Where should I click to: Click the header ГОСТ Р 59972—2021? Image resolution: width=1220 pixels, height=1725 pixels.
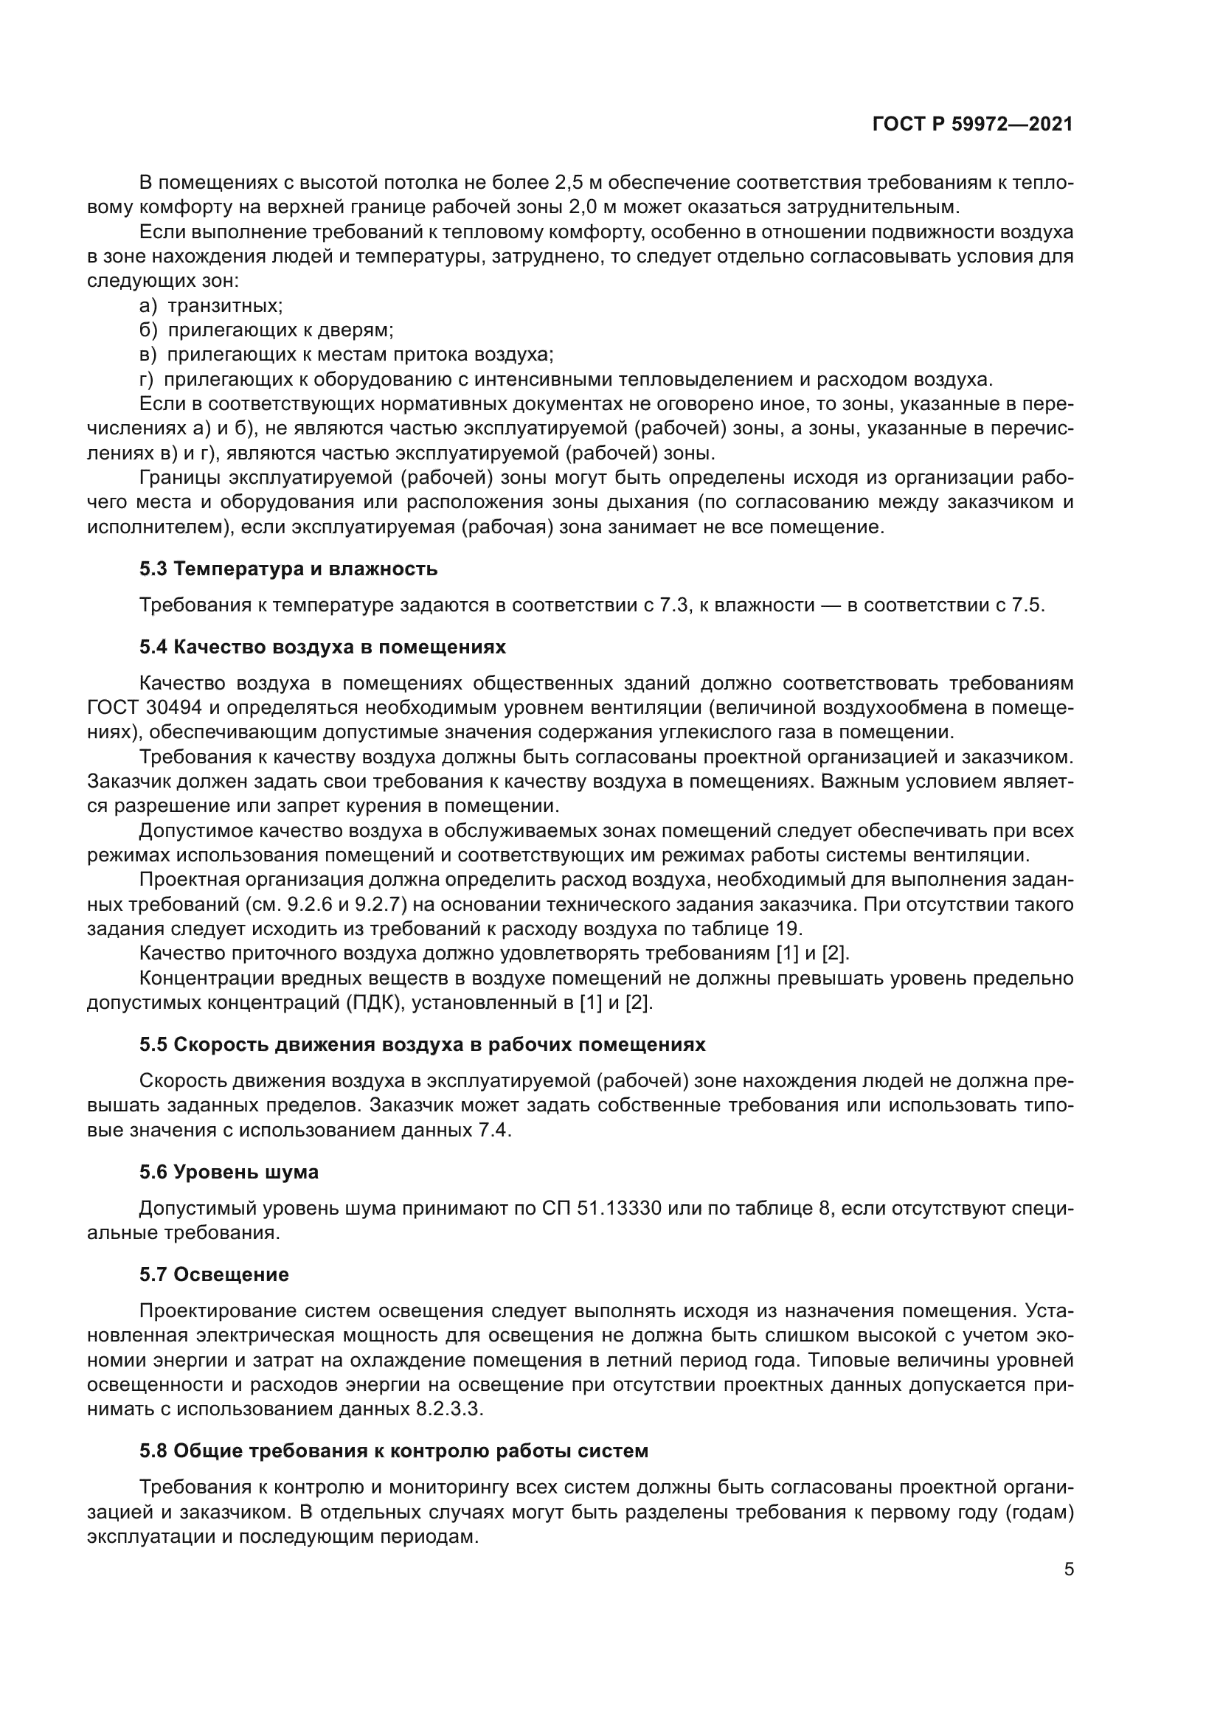972,124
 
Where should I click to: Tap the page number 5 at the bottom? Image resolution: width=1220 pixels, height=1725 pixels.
1068,1569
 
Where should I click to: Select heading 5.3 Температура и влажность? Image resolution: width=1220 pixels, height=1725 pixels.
288,569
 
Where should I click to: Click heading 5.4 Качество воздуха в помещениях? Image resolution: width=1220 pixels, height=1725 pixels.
322,647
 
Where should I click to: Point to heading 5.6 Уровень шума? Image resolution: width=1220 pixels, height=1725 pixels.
229,1172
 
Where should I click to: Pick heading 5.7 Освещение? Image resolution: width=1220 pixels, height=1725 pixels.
213,1274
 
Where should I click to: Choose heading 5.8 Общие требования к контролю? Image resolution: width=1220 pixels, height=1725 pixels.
393,1451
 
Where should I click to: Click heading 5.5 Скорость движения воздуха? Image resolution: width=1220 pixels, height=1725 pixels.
422,1045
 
